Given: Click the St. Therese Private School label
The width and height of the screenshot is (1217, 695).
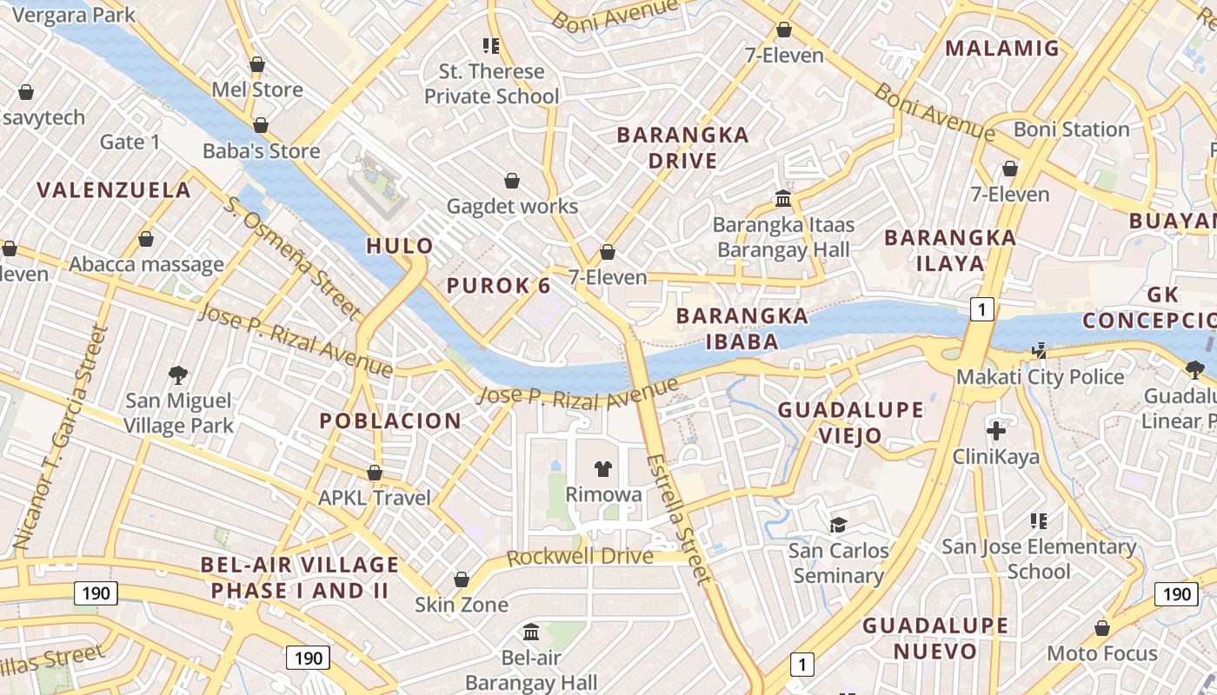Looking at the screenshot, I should tap(491, 83).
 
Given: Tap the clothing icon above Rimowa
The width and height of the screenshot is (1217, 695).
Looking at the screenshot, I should tap(603, 469).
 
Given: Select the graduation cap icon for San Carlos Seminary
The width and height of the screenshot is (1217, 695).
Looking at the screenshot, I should tap(838, 525).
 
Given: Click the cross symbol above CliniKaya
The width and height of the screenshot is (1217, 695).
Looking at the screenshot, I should tap(996, 430).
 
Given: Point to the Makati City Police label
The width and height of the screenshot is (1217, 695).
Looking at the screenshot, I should tap(1040, 377).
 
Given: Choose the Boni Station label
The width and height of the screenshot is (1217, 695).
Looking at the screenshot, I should tap(1071, 129).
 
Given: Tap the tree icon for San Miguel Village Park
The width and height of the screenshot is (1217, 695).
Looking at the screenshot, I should tap(178, 375).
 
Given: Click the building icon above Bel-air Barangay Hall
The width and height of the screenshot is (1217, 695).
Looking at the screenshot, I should tap(531, 632).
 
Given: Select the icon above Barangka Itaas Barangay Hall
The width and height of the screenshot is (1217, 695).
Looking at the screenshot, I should tap(783, 199).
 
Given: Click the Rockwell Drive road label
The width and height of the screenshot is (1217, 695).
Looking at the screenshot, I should tap(580, 557).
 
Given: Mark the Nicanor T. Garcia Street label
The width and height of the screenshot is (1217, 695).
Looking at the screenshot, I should tap(60, 439).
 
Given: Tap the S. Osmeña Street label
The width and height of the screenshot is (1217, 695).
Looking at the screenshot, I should tap(292, 257).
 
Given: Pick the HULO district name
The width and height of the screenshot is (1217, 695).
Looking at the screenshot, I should tap(399, 246).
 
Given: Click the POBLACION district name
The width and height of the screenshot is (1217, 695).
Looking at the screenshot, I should tap(390, 421).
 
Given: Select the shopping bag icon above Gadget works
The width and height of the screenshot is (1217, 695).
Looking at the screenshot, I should tap(512, 181).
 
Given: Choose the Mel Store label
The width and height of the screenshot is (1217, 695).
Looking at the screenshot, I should tap(257, 89).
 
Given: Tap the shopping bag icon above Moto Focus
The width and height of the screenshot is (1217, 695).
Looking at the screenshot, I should tap(1102, 628).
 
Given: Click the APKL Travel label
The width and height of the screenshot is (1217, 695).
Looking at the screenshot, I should tap(375, 498).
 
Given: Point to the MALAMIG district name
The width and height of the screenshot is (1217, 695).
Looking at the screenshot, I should tap(1002, 49).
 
